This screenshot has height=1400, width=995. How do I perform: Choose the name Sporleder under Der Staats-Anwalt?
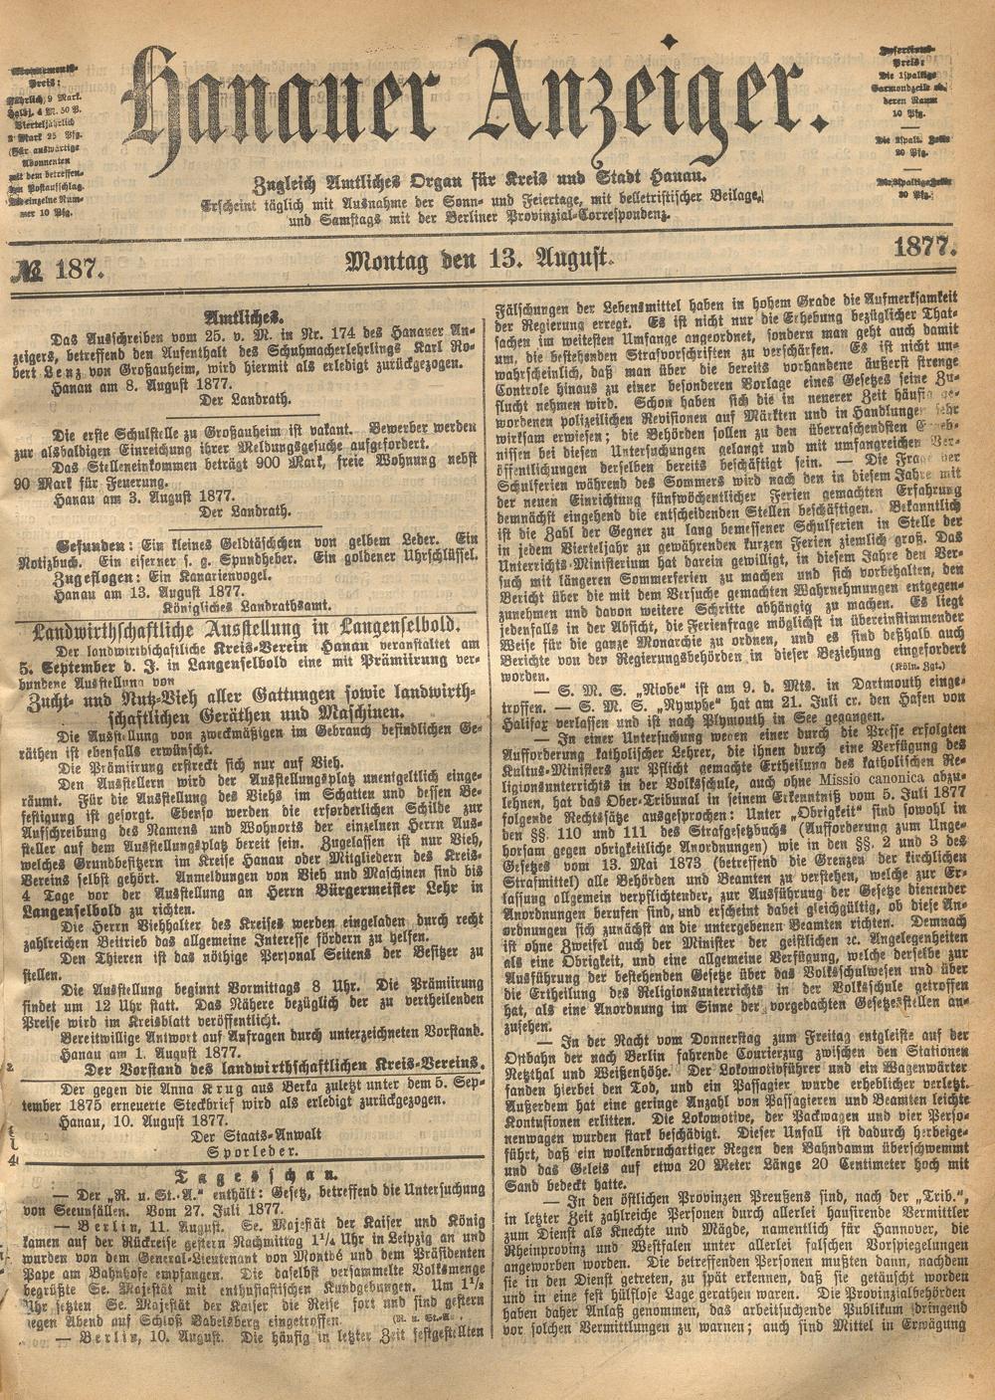[242, 1154]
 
